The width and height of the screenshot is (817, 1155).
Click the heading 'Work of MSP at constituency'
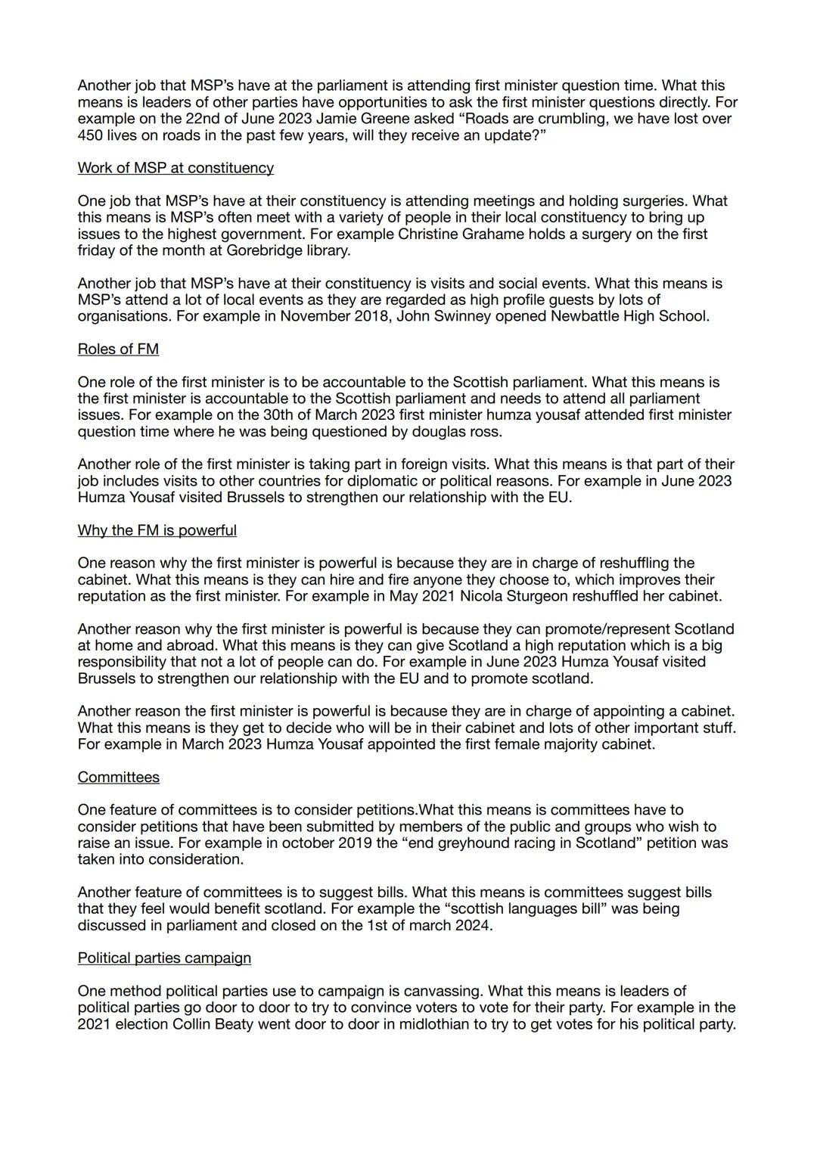(x=176, y=168)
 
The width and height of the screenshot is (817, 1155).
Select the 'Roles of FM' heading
(x=118, y=349)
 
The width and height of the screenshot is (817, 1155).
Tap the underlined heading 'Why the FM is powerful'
(x=157, y=530)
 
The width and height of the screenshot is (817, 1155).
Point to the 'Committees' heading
(x=118, y=777)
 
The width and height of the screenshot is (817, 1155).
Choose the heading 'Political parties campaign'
(x=164, y=958)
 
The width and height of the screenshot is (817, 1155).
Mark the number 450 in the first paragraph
(x=92, y=135)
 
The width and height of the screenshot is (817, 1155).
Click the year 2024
(x=473, y=925)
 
